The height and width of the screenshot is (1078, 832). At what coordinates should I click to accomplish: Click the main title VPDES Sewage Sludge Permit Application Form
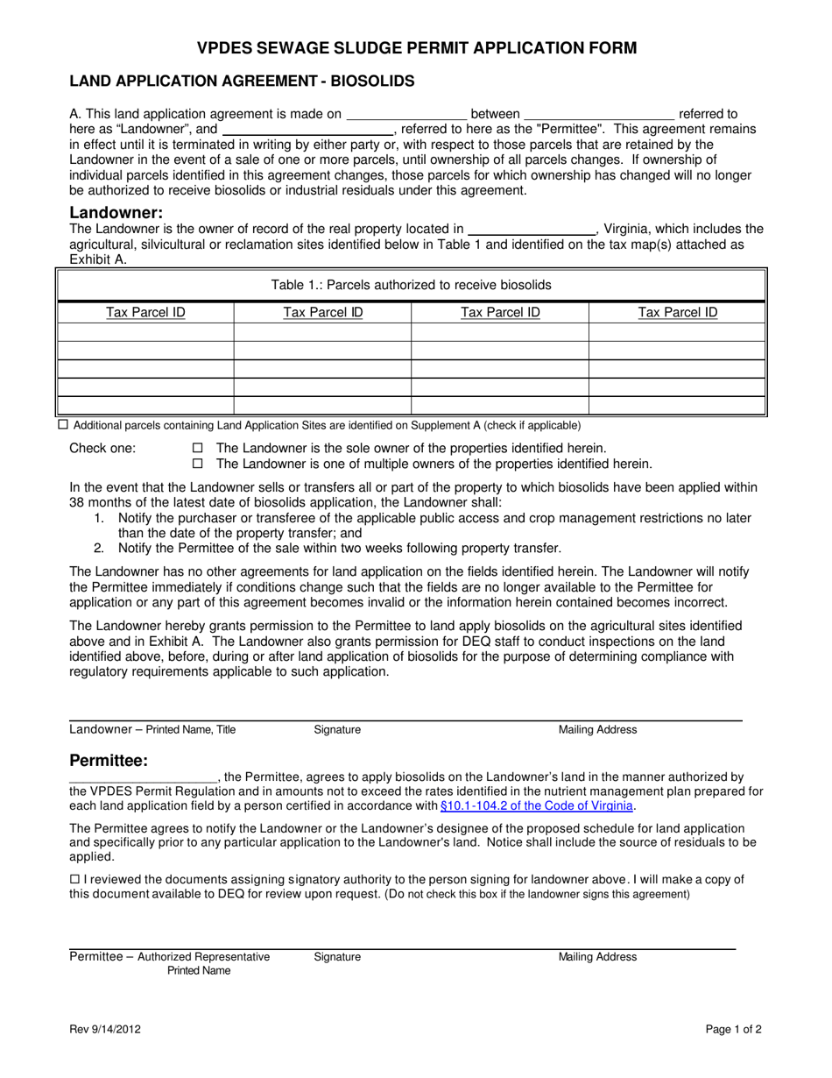click(x=416, y=47)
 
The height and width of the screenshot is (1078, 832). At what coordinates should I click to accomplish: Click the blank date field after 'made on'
click(x=407, y=114)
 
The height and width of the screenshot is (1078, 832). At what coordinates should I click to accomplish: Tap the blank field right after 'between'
click(x=599, y=114)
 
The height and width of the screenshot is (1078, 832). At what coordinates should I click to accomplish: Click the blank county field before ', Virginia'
click(x=532, y=230)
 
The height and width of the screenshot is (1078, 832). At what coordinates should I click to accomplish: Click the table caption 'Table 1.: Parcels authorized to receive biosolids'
click(x=412, y=285)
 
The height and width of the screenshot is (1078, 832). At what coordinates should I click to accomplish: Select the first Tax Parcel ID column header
click(x=145, y=312)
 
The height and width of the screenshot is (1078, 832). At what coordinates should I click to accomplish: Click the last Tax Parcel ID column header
click(x=677, y=312)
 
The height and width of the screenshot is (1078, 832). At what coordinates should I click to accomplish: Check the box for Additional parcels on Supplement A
click(x=62, y=425)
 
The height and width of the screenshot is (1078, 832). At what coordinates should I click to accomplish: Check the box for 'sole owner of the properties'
click(x=197, y=448)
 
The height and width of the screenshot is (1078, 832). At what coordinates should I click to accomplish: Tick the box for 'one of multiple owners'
click(x=197, y=464)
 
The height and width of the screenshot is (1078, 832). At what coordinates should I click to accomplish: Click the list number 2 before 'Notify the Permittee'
click(x=99, y=549)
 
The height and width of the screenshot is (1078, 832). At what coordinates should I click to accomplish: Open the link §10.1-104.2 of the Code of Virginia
click(x=538, y=806)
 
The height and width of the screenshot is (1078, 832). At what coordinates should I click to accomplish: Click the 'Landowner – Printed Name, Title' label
click(x=152, y=730)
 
